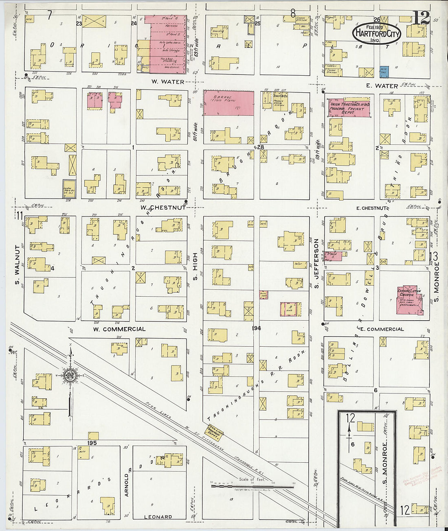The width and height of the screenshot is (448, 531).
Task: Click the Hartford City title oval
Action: point(376,34)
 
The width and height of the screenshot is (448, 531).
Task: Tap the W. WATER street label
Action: point(168,82)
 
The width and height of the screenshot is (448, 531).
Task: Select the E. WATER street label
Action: point(381,86)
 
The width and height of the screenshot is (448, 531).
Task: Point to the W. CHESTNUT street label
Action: point(163,208)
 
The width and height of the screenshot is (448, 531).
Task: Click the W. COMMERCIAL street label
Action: point(119,329)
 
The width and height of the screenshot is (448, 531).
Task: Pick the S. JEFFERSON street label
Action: point(316,264)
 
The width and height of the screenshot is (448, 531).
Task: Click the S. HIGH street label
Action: point(195,267)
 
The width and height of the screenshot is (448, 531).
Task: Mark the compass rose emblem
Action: point(70,375)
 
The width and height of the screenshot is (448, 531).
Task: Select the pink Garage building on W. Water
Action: point(228,103)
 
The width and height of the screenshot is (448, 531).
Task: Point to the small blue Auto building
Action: point(384,72)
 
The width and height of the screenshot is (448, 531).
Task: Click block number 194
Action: point(256,328)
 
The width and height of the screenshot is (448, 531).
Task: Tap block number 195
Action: point(92,443)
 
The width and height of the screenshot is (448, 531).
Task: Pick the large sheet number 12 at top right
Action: point(420,17)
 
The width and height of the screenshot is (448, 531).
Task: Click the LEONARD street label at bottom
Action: point(158,517)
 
